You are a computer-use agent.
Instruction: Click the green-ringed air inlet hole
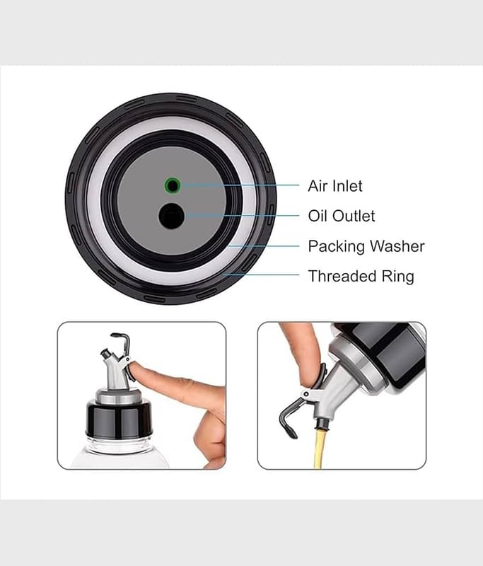pyautogui.click(x=173, y=185)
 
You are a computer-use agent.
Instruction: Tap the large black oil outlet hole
pyautogui.click(x=172, y=216)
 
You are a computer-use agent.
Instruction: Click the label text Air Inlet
pyautogui.click(x=335, y=186)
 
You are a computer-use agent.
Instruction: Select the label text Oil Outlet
pyautogui.click(x=342, y=216)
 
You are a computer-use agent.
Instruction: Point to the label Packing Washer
pyautogui.click(x=366, y=246)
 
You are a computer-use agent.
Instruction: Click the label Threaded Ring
pyautogui.click(x=361, y=276)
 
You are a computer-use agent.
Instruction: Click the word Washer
pyautogui.click(x=397, y=246)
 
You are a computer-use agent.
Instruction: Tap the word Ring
pyautogui.click(x=398, y=277)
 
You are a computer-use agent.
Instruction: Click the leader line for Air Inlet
pyautogui.click(x=240, y=185)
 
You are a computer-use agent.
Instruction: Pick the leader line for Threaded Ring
pyautogui.click(x=261, y=275)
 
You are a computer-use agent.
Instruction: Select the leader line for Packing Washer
pyautogui.click(x=264, y=246)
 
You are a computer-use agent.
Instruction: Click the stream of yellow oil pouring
pyautogui.click(x=320, y=448)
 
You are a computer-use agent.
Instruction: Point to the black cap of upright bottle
pyautogui.click(x=119, y=418)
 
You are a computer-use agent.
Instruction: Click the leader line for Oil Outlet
pyautogui.click(x=242, y=216)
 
